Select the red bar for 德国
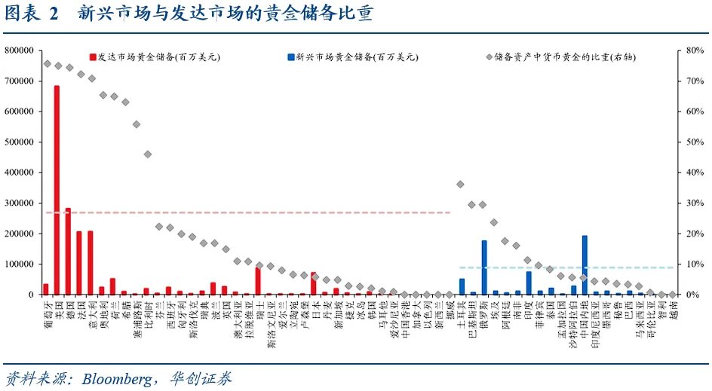[68, 252]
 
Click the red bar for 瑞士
[258, 280]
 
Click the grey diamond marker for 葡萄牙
[47, 64]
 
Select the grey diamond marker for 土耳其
[460, 184]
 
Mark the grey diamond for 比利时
[148, 154]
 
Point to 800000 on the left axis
[23, 50]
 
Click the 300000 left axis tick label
[23, 203]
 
